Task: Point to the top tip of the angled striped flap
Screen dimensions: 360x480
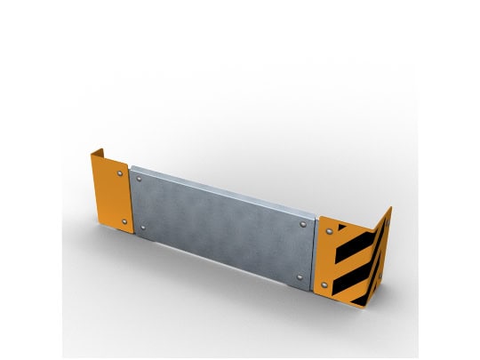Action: point(390,206)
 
